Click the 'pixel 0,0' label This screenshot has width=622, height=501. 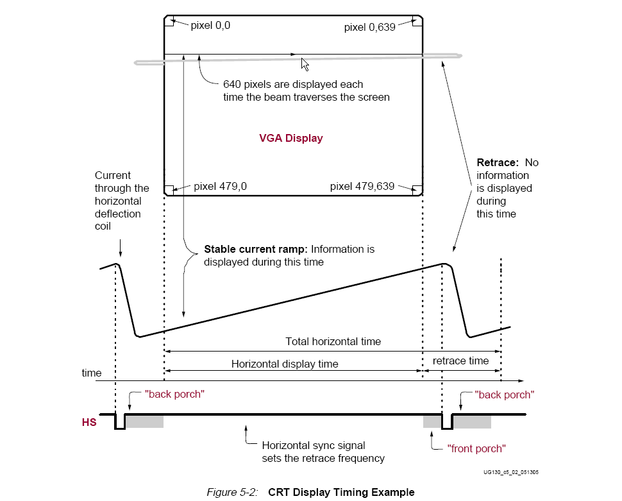point(210,26)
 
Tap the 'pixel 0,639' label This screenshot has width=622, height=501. point(370,28)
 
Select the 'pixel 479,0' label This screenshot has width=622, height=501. point(220,186)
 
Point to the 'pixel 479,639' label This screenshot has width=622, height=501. point(362,186)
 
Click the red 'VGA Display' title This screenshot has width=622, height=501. point(290,138)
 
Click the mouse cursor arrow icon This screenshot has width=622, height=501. point(305,64)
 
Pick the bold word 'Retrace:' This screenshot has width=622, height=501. point(498,162)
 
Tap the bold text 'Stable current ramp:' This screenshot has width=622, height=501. point(255,249)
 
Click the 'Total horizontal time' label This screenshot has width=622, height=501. point(333,341)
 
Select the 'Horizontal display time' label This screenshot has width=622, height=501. point(285,364)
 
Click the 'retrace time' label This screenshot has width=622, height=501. point(460,361)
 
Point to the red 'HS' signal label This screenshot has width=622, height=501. point(89,422)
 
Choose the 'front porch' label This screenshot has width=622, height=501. point(476,448)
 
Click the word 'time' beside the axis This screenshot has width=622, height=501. point(92,373)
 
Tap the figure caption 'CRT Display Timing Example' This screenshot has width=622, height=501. point(341,492)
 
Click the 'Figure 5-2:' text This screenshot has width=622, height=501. point(233,492)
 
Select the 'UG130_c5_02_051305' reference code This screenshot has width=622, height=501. point(511,472)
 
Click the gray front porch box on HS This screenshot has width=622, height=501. point(432,421)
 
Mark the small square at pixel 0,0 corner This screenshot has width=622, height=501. point(169,21)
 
